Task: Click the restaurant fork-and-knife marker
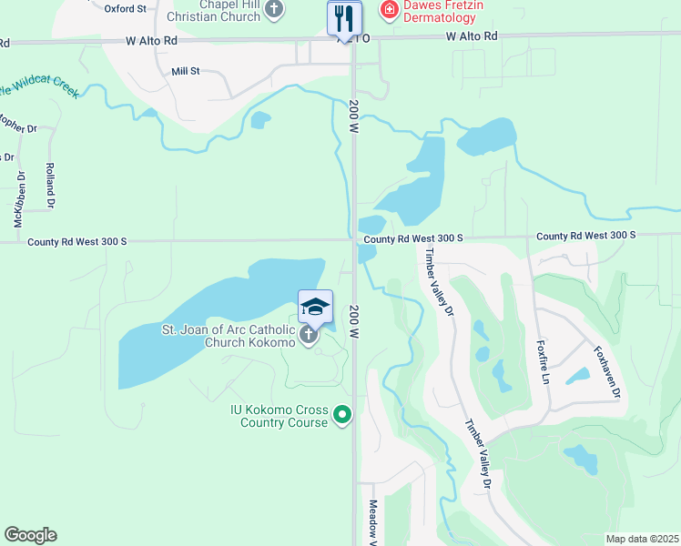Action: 344,16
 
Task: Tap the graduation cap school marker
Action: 315,306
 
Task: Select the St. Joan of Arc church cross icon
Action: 309,336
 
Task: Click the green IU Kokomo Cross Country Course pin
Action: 342,416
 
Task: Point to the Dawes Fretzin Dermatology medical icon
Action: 390,10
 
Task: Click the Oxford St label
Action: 126,8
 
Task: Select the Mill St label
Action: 185,71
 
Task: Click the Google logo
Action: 30,535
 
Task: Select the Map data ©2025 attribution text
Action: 642,539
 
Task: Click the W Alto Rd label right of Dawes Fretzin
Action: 473,36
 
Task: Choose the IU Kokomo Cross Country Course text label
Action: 278,416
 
